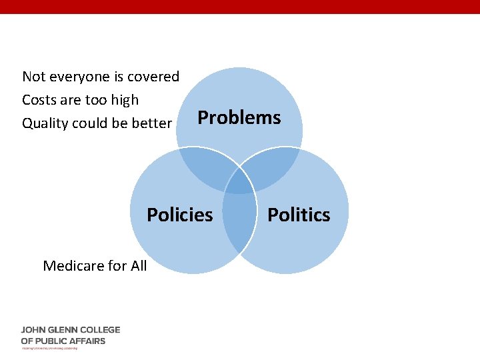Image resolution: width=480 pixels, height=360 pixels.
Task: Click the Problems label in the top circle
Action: [x=239, y=118]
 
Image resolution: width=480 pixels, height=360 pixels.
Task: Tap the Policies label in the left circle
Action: [x=179, y=215]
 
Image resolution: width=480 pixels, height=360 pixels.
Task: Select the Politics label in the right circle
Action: [x=299, y=215]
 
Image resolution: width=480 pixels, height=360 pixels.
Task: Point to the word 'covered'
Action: [x=154, y=77]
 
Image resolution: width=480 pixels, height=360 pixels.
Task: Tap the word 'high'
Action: [x=125, y=100]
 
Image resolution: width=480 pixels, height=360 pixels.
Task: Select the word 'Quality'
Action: [x=45, y=123]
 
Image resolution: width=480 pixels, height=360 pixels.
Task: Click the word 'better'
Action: [x=152, y=123]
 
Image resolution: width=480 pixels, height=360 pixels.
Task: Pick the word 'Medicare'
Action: [x=73, y=266]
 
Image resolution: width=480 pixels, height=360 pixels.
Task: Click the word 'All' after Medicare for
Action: [x=139, y=266]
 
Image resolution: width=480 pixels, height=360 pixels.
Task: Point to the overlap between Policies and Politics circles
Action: [x=239, y=220]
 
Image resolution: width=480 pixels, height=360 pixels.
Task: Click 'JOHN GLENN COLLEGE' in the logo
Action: [x=71, y=330]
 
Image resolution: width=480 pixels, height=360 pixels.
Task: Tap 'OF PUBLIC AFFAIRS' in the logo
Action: [x=63, y=341]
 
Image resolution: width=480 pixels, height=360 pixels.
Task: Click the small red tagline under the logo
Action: [x=49, y=348]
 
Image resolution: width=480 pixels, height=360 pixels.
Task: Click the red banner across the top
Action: [x=240, y=7]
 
